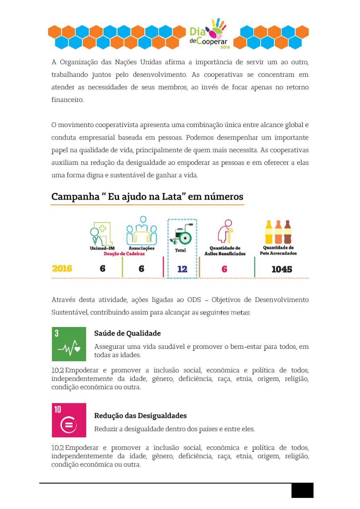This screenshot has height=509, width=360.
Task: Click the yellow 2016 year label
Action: [62, 269]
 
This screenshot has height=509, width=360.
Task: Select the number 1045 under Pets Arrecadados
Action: [281, 269]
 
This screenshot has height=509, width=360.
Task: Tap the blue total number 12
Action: [182, 269]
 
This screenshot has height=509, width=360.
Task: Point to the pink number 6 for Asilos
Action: [224, 269]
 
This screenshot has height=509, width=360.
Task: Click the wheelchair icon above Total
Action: [182, 235]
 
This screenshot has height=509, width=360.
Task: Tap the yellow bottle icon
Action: [269, 232]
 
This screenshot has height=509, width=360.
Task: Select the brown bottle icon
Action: [287, 232]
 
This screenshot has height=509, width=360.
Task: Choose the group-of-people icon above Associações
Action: [142, 231]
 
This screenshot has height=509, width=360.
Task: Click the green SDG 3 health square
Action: [69, 344]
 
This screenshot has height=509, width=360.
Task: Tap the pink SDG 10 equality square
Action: [69, 420]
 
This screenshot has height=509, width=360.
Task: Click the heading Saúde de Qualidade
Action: [127, 333]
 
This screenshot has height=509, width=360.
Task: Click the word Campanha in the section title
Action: [75, 197]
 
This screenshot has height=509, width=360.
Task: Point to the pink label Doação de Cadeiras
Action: [124, 254]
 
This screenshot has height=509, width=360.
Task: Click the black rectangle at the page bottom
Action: [302, 490]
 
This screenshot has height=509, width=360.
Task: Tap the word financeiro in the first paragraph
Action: [67, 100]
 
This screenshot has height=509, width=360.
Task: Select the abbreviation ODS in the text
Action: [194, 300]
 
